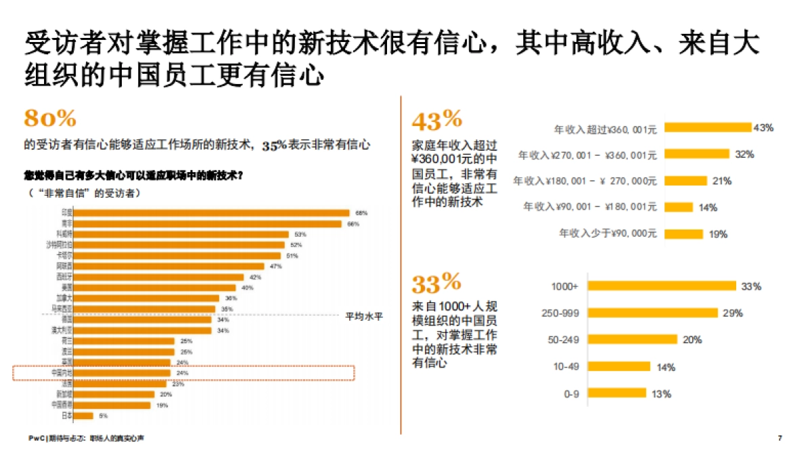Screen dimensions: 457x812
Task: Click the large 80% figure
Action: (50, 118)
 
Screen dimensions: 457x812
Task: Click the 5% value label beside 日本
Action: (104, 416)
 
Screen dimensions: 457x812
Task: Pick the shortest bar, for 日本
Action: (84, 416)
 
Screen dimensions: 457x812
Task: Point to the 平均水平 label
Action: (364, 315)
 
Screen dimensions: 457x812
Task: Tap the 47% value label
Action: (275, 266)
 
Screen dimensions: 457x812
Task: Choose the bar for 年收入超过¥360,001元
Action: (707, 127)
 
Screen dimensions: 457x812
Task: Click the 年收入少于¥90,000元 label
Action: (608, 234)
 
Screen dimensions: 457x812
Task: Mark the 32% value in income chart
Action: (744, 154)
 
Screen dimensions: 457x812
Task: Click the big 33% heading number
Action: (436, 281)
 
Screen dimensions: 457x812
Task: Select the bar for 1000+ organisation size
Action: (662, 286)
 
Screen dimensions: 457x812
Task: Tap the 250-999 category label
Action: (560, 313)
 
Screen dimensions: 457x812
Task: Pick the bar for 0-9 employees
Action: (616, 393)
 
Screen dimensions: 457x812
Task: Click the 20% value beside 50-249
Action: (692, 340)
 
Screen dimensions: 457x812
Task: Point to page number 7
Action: (780, 439)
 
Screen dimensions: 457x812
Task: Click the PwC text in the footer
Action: (36, 439)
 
